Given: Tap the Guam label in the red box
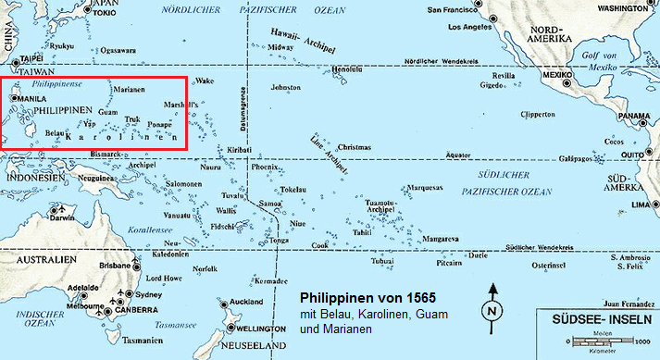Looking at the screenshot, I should (x=107, y=111).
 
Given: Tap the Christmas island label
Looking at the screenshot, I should (x=354, y=147).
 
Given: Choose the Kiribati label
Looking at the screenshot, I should (x=238, y=149).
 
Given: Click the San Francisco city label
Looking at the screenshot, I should (x=455, y=9).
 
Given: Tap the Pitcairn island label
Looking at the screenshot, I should (x=450, y=262).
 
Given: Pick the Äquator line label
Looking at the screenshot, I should (x=458, y=155).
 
